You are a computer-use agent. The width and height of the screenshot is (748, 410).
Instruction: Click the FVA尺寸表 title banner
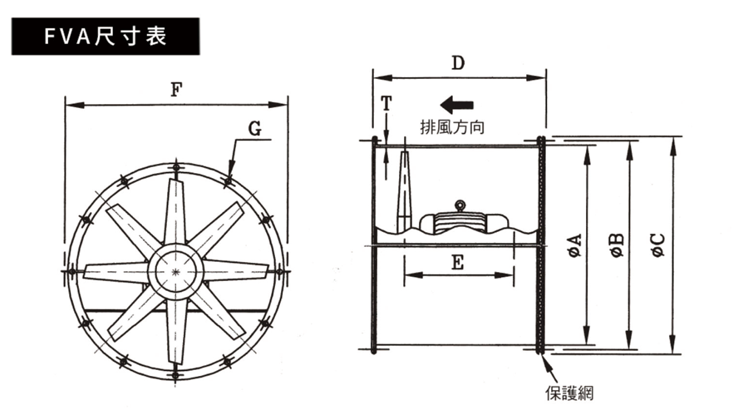point(105,37)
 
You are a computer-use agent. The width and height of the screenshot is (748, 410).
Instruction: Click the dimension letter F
point(176,91)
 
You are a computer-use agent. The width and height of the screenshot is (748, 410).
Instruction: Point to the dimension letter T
point(386,103)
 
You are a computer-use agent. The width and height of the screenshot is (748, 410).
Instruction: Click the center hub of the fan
point(175,272)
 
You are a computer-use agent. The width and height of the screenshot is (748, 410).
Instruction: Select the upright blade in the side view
point(404,191)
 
